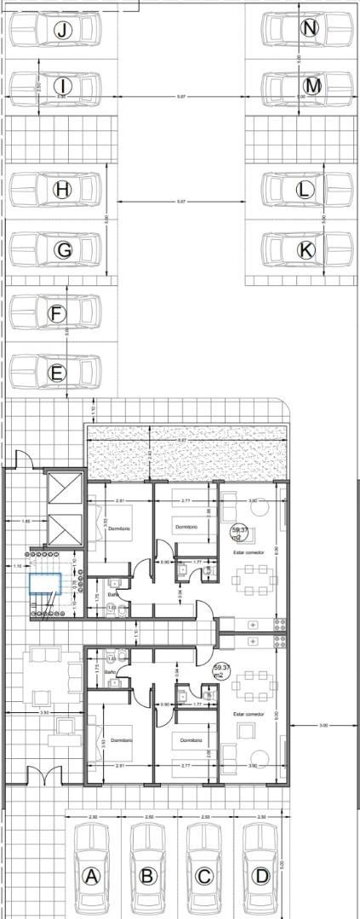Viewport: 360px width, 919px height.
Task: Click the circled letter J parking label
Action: pos(62,31)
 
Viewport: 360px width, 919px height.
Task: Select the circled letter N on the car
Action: pos(310,28)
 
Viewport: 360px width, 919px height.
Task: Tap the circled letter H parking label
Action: pos(62,190)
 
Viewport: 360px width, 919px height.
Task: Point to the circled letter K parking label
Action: pos(306,249)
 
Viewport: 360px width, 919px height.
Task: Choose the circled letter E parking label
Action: pos(57,373)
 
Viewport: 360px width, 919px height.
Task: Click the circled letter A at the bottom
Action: pos(92,876)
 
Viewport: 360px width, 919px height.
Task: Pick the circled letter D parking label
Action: pos(261,876)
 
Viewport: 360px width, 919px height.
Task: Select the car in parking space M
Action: pos(306,86)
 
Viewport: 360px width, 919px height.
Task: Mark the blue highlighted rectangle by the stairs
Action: pos(48,584)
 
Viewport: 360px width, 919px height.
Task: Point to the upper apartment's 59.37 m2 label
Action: pos(239,534)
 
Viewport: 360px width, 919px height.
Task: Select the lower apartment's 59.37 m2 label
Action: pos(222,671)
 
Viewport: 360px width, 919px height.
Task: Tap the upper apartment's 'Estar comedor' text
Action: pos(248,553)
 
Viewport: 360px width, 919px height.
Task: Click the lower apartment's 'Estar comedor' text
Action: pos(248,714)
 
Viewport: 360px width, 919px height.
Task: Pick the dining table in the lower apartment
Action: pos(255,682)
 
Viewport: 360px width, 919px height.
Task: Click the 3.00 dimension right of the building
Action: pos(323,725)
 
